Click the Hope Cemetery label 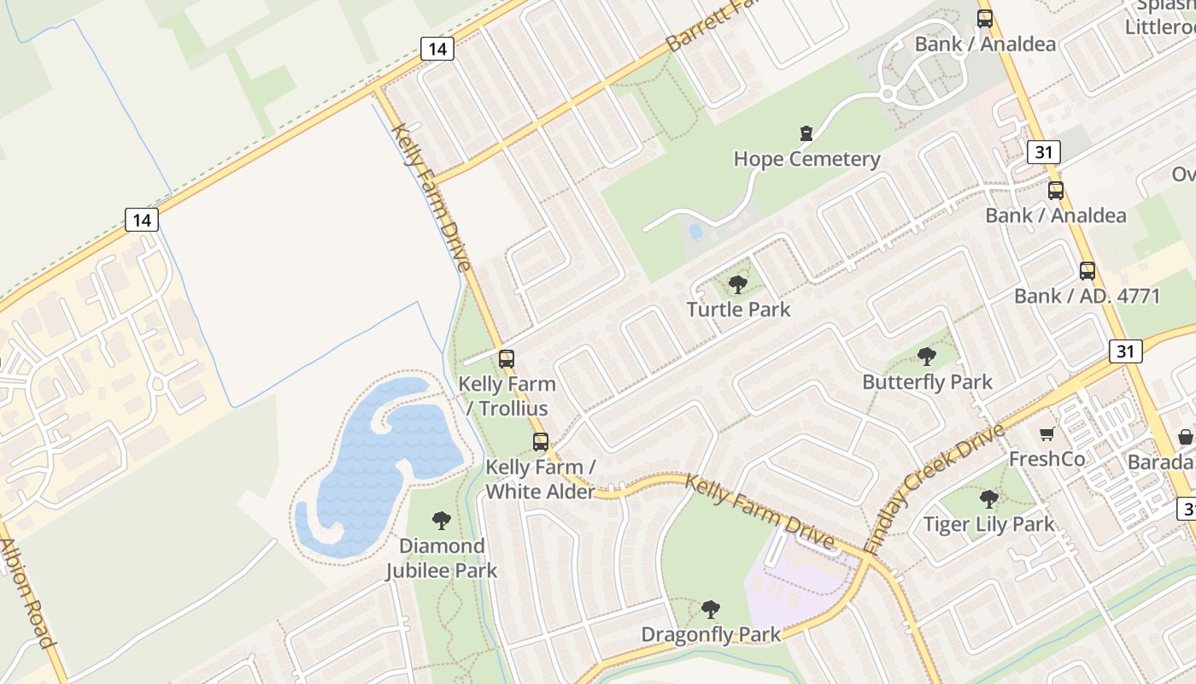pos(806,159)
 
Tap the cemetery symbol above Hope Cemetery pos(806,133)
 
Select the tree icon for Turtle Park pos(738,285)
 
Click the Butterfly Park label pos(927,381)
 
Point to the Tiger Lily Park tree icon pos(988,498)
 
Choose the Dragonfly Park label pos(711,634)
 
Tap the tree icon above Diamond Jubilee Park pos(442,520)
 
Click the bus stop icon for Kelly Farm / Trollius pos(507,359)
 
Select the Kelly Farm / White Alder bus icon pos(541,442)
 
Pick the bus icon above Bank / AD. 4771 pos(1087,271)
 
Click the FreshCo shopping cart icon pos(1047,434)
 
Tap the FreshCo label pos(1047,459)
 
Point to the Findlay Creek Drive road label pos(935,487)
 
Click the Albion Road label pos(28,593)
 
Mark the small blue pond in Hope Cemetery pos(696,231)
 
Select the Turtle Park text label pos(738,309)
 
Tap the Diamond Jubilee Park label pos(442,557)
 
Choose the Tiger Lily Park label pos(988,524)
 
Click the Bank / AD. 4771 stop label pos(1087,297)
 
